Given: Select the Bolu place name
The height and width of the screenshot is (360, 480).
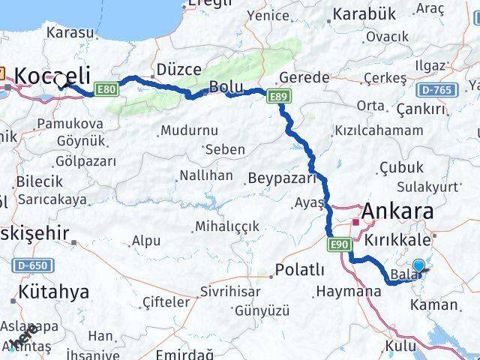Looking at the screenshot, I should (226, 86).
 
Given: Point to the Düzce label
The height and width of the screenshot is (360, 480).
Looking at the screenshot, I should (178, 70).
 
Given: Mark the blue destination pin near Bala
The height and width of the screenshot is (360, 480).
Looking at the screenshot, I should (418, 265).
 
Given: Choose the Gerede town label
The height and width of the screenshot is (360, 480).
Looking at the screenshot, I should (304, 77).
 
